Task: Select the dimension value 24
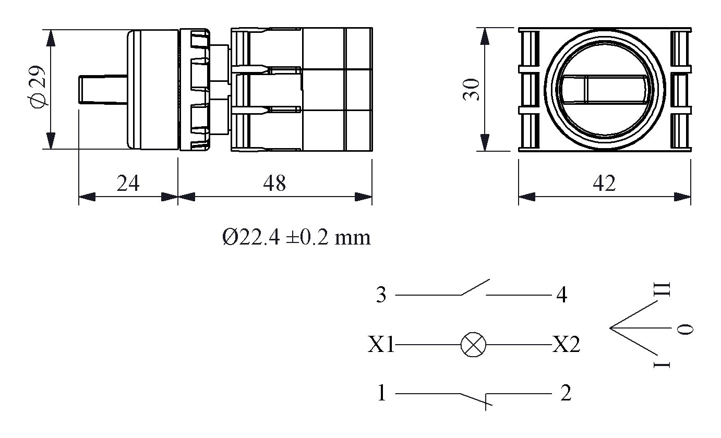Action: [x=128, y=184]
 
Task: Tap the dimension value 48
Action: [x=274, y=184]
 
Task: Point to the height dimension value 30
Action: [x=471, y=89]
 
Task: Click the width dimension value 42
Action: [x=604, y=184]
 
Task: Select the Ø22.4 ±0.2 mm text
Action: [x=296, y=237]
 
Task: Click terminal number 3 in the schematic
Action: [x=381, y=295]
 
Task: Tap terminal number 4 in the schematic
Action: [x=562, y=295]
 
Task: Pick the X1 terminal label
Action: [x=381, y=345]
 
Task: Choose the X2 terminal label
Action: [x=566, y=345]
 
